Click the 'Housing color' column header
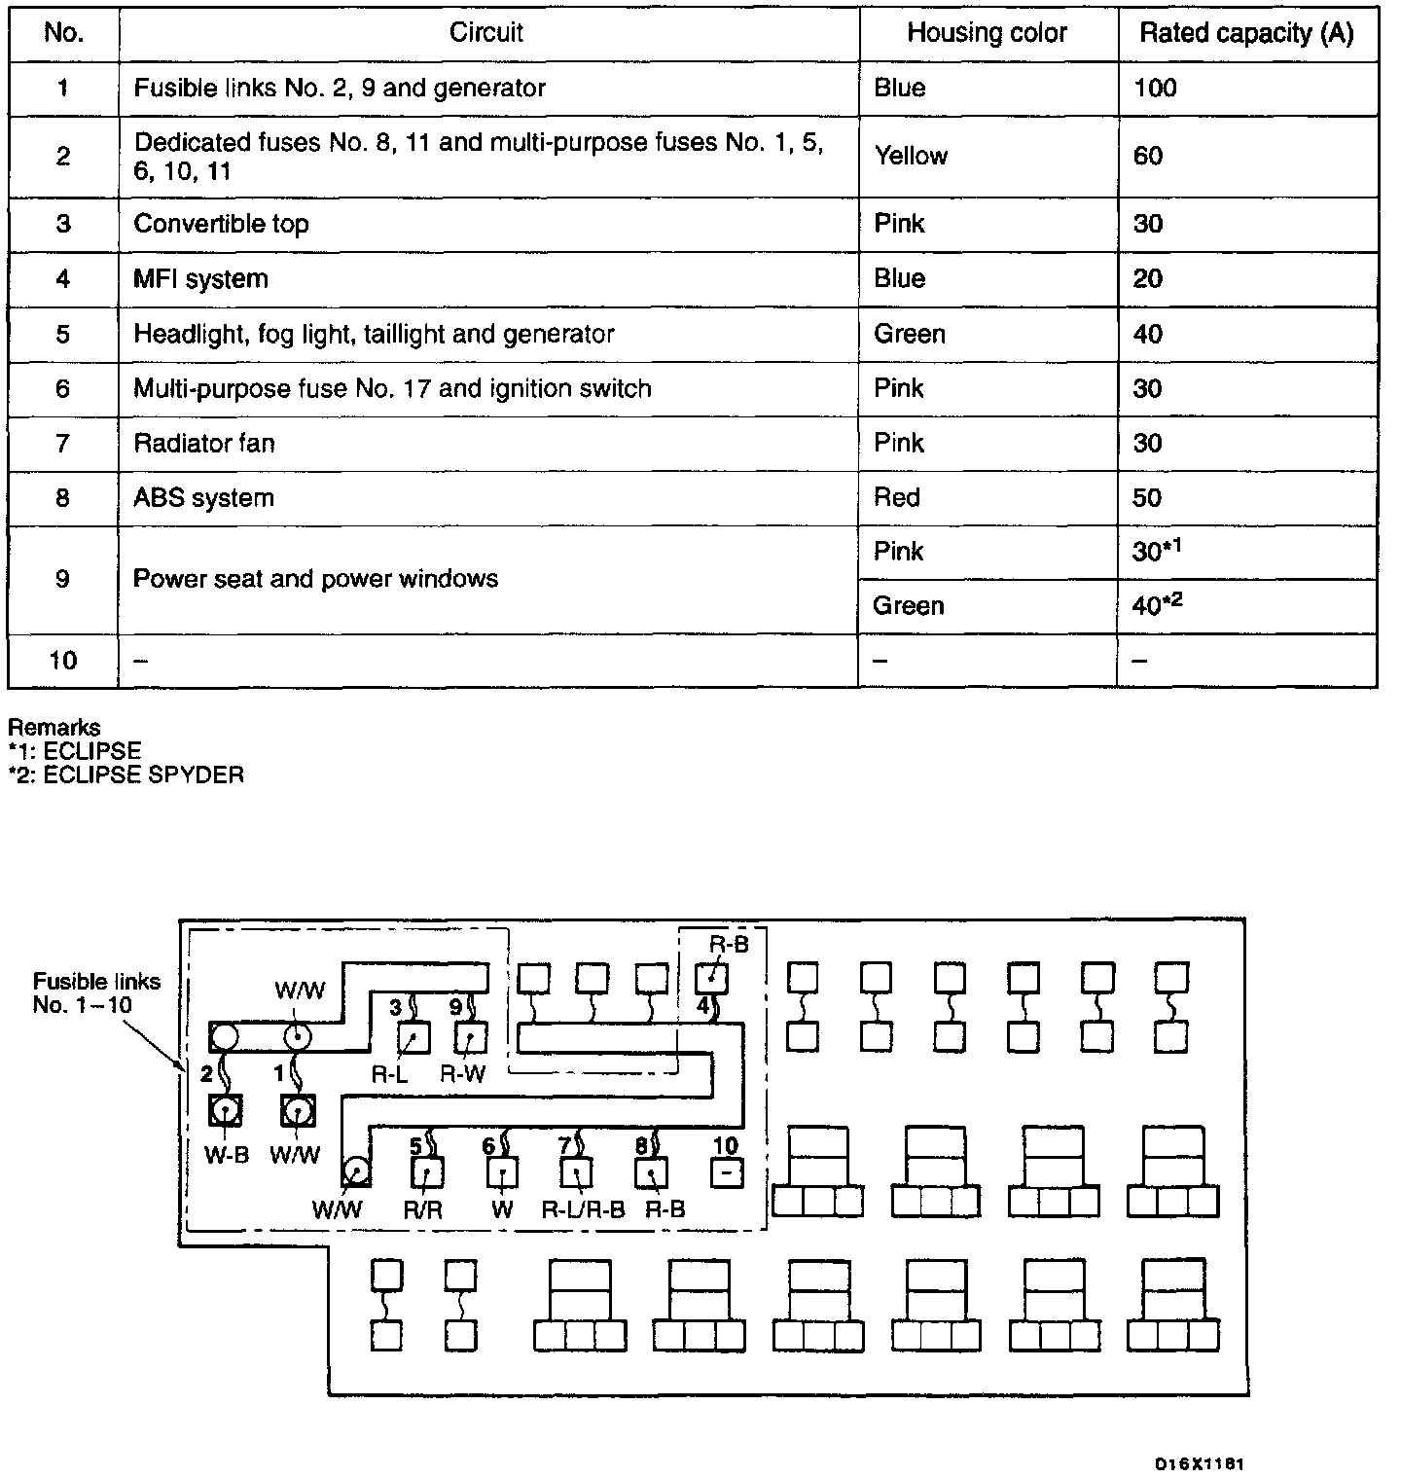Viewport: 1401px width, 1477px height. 987,33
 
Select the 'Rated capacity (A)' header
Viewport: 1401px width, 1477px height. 1246,33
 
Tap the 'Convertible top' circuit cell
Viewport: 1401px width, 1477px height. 221,224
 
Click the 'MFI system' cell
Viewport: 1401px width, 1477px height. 200,279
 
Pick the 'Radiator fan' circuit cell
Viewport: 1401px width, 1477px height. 204,444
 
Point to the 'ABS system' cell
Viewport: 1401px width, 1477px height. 203,498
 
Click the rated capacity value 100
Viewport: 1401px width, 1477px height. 1155,89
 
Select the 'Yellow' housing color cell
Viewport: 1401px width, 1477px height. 911,156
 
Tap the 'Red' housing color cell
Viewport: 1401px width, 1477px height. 897,498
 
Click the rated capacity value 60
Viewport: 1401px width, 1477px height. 1148,156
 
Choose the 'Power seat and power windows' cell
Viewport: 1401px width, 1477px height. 315,579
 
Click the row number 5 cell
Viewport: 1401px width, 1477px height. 63,335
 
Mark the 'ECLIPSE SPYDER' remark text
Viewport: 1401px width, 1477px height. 126,775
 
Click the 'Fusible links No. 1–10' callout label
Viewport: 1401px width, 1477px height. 95,992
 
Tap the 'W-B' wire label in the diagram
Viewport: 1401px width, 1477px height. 226,1155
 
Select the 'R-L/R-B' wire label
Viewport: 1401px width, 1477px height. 583,1209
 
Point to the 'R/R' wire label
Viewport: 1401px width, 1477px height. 423,1209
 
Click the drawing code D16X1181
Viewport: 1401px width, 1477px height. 1199,1463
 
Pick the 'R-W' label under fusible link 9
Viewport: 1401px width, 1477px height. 463,1074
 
